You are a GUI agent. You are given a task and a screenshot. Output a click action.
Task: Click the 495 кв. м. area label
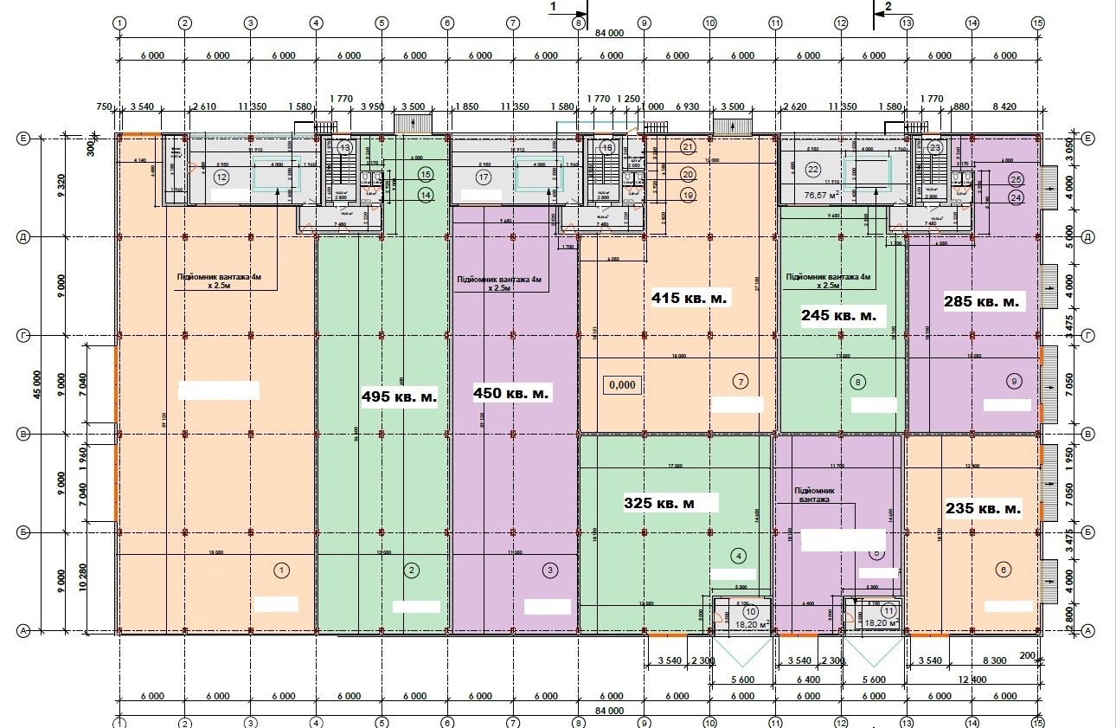(399, 396)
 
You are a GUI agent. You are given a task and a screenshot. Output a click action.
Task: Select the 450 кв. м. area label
(511, 393)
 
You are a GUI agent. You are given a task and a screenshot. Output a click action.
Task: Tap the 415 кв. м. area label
(690, 297)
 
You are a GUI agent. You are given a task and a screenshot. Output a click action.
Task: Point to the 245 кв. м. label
(837, 315)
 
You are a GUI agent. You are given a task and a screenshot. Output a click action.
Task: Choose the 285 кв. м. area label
(983, 302)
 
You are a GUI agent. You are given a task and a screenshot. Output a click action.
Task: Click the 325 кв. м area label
(671, 502)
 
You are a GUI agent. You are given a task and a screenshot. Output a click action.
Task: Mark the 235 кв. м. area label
(982, 508)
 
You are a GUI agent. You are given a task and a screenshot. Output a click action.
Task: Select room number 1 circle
(281, 570)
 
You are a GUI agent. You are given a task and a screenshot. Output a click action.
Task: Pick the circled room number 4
(738, 556)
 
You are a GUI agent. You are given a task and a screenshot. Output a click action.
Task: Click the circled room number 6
(1003, 570)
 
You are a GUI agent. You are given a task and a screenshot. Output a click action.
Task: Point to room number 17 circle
(483, 177)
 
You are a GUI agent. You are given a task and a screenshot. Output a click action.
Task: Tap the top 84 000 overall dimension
(609, 34)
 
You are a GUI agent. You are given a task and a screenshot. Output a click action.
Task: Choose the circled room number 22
(812, 170)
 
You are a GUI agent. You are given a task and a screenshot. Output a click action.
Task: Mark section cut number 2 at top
(887, 6)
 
